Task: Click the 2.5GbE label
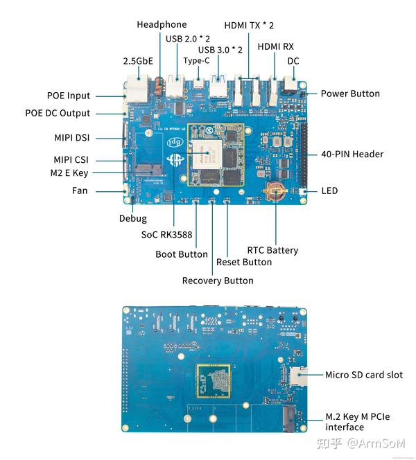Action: click(x=138, y=61)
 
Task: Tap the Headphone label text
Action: click(x=162, y=24)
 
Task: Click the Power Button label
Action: click(x=349, y=94)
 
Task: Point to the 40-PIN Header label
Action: click(x=352, y=154)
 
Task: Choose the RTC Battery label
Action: click(x=272, y=250)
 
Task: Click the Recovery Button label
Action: click(x=217, y=281)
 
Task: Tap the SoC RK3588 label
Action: click(x=166, y=234)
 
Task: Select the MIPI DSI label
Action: click(x=72, y=137)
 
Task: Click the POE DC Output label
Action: click(x=58, y=113)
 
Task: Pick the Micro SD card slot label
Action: click(x=364, y=375)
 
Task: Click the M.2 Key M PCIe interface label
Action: click(x=358, y=422)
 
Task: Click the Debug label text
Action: click(x=132, y=218)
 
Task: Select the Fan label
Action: click(x=80, y=190)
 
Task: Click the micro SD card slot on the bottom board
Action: click(x=299, y=375)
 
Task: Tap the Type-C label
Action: click(x=196, y=60)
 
